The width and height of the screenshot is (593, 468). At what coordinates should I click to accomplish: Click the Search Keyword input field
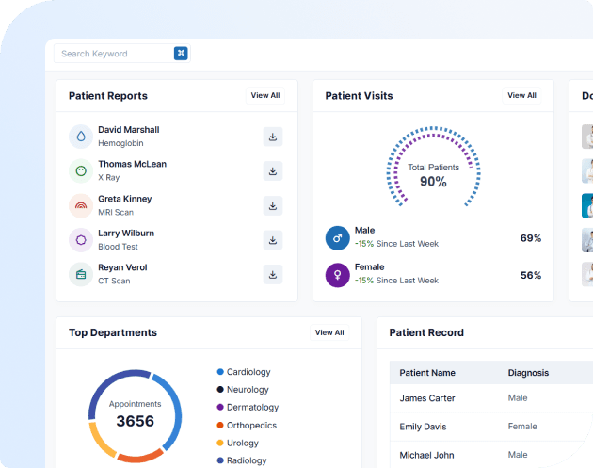point(113,54)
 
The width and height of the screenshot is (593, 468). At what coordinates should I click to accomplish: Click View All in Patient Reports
point(264,95)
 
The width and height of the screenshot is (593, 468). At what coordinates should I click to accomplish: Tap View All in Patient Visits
point(521,95)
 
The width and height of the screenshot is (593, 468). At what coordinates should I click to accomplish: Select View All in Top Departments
point(329,332)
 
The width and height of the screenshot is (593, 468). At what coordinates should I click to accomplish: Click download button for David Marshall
point(273,137)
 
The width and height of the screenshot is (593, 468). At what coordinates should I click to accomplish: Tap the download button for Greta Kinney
point(273,205)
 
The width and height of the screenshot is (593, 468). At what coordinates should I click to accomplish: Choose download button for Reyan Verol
point(273,274)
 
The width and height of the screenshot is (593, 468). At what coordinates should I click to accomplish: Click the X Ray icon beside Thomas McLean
point(81,170)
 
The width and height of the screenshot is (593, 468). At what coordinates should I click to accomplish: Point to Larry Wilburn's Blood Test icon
point(81,240)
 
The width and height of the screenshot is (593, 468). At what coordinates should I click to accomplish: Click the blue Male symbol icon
point(337,237)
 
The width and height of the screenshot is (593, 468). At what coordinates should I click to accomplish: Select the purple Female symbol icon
point(337,275)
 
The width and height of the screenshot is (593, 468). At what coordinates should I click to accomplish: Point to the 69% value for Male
point(531,238)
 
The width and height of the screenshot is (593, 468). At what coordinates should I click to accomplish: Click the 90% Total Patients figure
point(433,182)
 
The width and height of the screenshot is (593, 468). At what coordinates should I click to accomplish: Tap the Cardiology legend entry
point(248,372)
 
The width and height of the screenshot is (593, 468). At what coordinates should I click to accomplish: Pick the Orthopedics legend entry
point(251,425)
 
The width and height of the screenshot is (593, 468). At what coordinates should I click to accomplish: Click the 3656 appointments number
point(135,421)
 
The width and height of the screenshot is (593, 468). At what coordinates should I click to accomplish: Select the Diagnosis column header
point(528,373)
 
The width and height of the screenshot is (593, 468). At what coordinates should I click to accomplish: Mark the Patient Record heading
point(426,332)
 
